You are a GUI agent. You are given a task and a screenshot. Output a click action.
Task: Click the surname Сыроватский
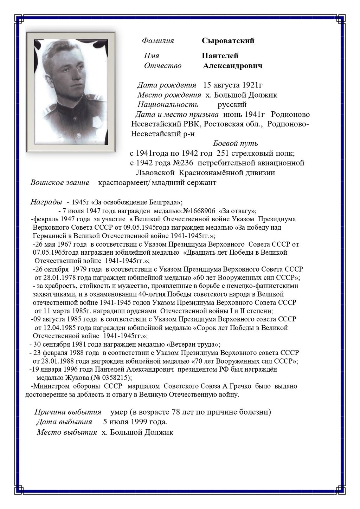click(228, 41)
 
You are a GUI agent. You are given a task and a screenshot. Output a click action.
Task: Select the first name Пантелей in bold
click(220, 56)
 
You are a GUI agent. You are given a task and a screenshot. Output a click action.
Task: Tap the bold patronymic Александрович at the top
click(232, 66)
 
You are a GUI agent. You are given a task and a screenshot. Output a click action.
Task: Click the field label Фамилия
click(158, 41)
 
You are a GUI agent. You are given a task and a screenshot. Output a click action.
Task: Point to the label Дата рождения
click(166, 85)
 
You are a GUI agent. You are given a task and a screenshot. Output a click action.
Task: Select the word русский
click(232, 104)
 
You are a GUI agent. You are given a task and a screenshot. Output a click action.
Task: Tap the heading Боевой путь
click(235, 143)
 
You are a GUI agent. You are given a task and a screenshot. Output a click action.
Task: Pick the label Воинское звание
click(60, 183)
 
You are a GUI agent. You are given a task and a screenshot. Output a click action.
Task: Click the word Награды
click(46, 202)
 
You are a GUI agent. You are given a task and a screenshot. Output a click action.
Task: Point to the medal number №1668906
click(199, 211)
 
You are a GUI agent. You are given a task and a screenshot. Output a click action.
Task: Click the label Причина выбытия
click(68, 412)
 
